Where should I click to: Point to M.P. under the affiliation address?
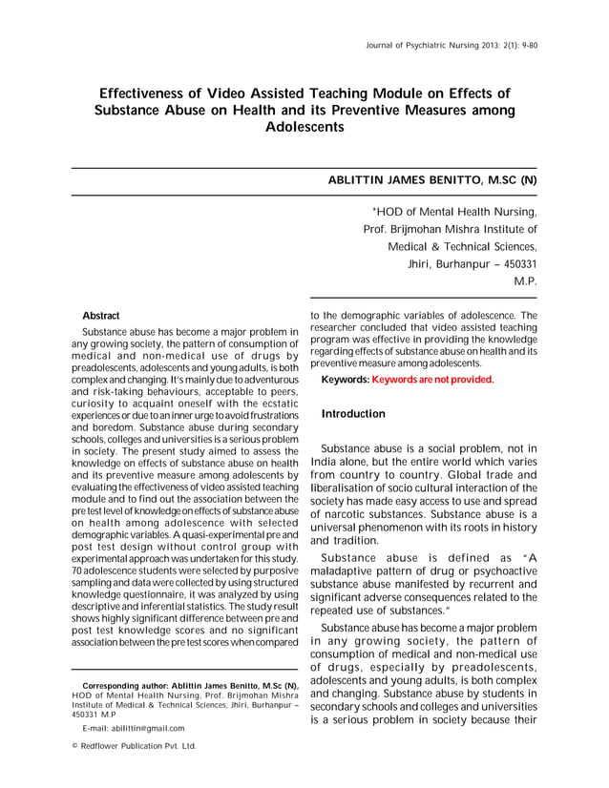click(x=525, y=281)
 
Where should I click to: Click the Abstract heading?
click(x=101, y=315)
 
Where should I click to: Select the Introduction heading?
click(x=353, y=414)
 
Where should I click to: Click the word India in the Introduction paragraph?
click(x=327, y=463)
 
